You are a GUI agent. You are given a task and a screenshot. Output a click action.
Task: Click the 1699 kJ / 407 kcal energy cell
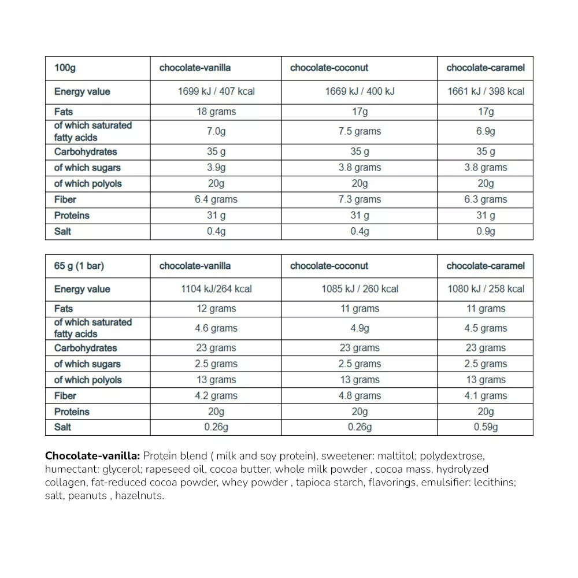pos(216,91)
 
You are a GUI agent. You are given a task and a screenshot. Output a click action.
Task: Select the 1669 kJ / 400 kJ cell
pos(360,91)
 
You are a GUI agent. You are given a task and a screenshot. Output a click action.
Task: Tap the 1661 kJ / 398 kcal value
pos(486,91)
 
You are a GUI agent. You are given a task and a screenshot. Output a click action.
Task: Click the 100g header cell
pos(65,68)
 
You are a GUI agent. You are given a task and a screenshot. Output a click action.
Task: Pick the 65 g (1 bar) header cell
pos(79,266)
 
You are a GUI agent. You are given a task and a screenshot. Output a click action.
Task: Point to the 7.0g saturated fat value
pos(216,131)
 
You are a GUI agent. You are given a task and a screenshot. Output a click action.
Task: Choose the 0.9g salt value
pos(486,231)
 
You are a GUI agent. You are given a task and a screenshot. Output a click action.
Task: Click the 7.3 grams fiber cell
pos(360,199)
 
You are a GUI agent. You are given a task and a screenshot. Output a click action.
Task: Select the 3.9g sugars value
pos(216,168)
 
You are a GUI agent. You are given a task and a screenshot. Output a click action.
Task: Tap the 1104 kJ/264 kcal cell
pos(216,289)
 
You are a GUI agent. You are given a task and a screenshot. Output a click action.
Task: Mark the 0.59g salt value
pos(486,427)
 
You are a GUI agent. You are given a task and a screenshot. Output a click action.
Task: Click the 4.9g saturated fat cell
pos(360,328)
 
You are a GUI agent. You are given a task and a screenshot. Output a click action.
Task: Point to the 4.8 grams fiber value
pos(360,396)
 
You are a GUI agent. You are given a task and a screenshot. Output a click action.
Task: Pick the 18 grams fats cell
pos(216,112)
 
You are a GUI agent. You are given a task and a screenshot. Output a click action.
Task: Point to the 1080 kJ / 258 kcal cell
pos(486,289)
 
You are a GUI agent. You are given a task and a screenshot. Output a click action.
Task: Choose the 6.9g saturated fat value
pos(486,131)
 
